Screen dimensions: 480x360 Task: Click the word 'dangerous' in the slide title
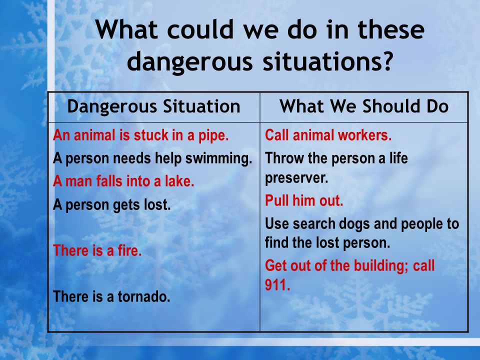[190, 62]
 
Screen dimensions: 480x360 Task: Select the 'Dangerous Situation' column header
[153, 107]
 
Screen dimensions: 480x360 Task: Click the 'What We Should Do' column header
[364, 106]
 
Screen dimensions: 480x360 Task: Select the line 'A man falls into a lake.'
[123, 181]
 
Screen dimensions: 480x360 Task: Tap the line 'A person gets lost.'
[111, 205]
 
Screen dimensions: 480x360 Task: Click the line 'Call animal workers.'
[328, 135]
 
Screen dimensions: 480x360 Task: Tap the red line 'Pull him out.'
[304, 201]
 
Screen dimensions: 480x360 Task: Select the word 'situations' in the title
[320, 60]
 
